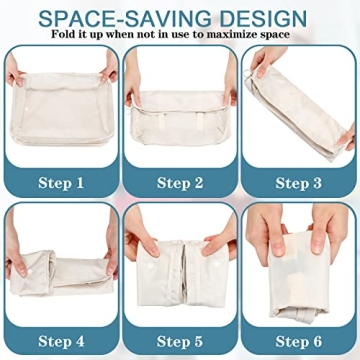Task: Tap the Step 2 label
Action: [x=180, y=182]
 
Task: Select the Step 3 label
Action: [x=299, y=182]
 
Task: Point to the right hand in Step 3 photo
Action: [x=346, y=135]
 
